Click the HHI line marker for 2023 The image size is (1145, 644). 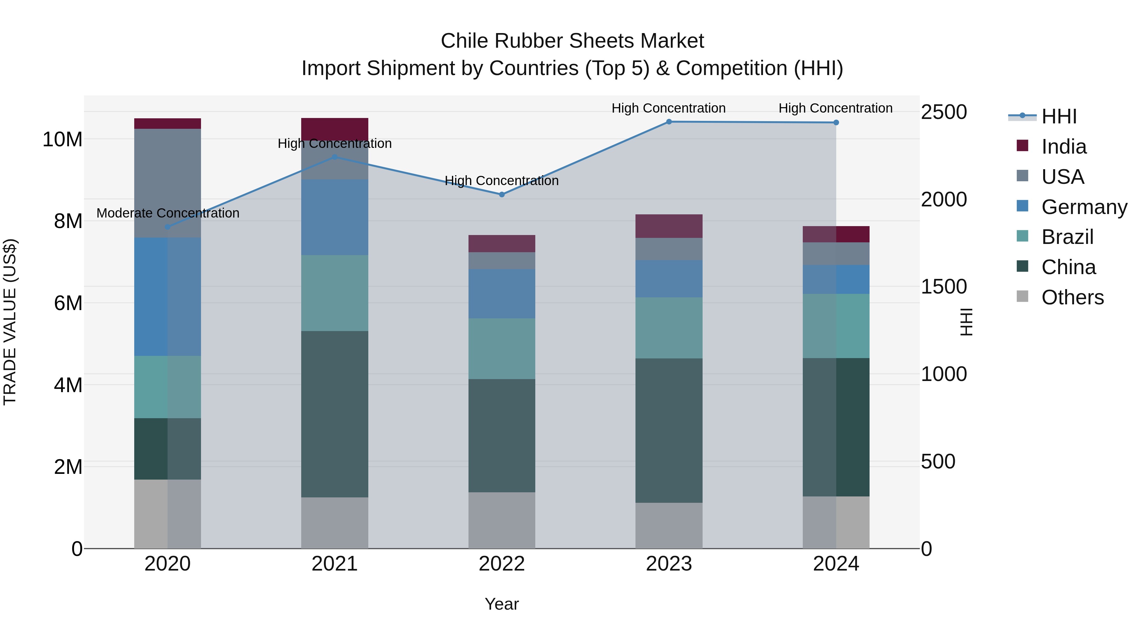coord(669,122)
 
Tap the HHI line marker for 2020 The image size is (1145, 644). coord(168,227)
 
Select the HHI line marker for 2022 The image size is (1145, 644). coord(502,194)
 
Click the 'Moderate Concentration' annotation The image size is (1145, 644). coord(168,213)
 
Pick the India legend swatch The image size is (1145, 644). coord(1022,146)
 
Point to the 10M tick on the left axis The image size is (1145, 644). coord(62,140)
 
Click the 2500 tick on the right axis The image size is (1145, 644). coord(943,112)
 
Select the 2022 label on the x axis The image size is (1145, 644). coord(502,564)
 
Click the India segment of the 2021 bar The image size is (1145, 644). coord(335,129)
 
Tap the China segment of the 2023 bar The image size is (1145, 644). coord(669,430)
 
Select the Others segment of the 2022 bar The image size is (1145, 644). coord(502,520)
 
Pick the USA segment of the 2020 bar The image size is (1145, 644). coord(168,183)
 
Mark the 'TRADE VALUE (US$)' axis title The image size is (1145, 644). coord(10,322)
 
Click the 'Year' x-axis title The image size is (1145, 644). coord(502,604)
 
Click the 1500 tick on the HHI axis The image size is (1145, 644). coord(943,287)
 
